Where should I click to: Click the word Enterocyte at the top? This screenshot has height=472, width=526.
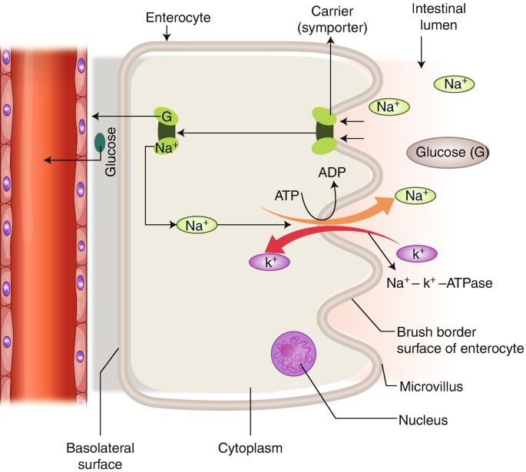[167, 17]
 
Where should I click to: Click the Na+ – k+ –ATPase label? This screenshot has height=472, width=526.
[440, 282]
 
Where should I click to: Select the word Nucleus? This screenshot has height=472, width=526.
[423, 420]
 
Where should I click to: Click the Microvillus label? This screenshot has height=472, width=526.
[432, 385]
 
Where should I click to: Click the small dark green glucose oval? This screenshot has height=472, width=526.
[101, 142]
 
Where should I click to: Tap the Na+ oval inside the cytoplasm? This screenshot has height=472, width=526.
[197, 225]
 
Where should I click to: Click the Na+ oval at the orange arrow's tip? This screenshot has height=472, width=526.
[415, 196]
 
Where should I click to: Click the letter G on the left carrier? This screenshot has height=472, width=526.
[166, 116]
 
